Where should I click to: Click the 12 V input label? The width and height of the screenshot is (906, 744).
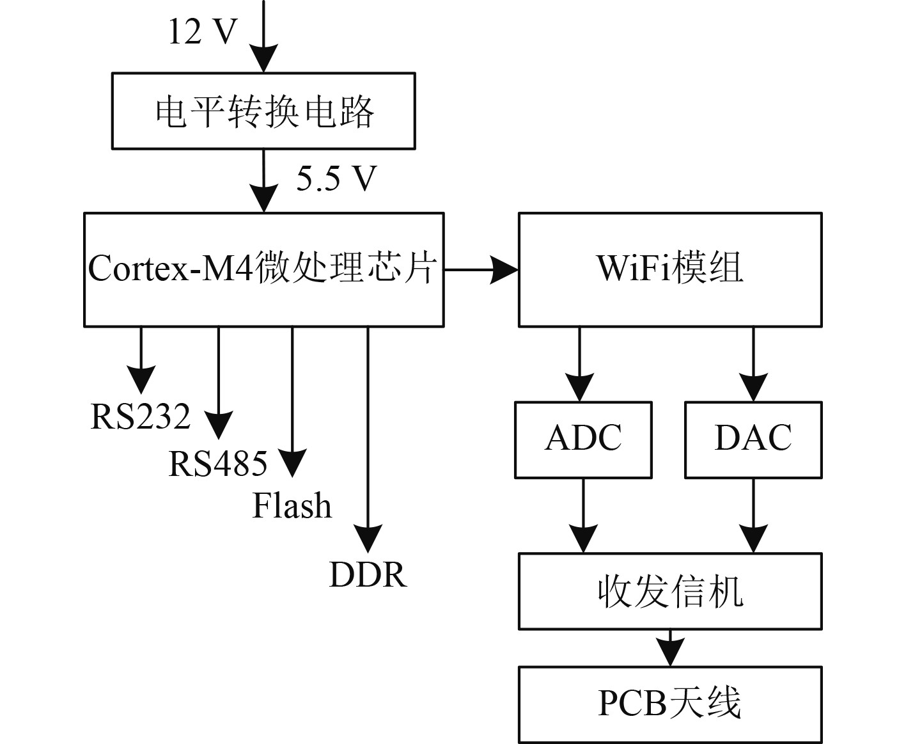point(203,31)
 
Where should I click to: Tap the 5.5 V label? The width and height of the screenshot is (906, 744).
point(336,178)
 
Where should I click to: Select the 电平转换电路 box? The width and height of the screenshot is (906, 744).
point(263,111)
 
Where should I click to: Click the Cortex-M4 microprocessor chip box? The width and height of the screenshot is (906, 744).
point(263,269)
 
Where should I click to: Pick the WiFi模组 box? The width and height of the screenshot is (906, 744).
point(669,269)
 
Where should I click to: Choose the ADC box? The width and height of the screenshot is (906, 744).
point(583,439)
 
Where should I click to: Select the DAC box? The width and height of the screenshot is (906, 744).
point(753,439)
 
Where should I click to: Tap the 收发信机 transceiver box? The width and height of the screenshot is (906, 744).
point(669,591)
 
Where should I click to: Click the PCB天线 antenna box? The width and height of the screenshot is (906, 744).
point(669,704)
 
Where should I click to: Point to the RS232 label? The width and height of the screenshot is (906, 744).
point(141,416)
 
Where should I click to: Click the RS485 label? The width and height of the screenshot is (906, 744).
point(218,464)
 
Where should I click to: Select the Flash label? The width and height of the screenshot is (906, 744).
point(292,505)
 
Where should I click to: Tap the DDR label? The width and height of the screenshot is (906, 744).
point(368,574)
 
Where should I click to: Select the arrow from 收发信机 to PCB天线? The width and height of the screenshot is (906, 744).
point(669,649)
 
